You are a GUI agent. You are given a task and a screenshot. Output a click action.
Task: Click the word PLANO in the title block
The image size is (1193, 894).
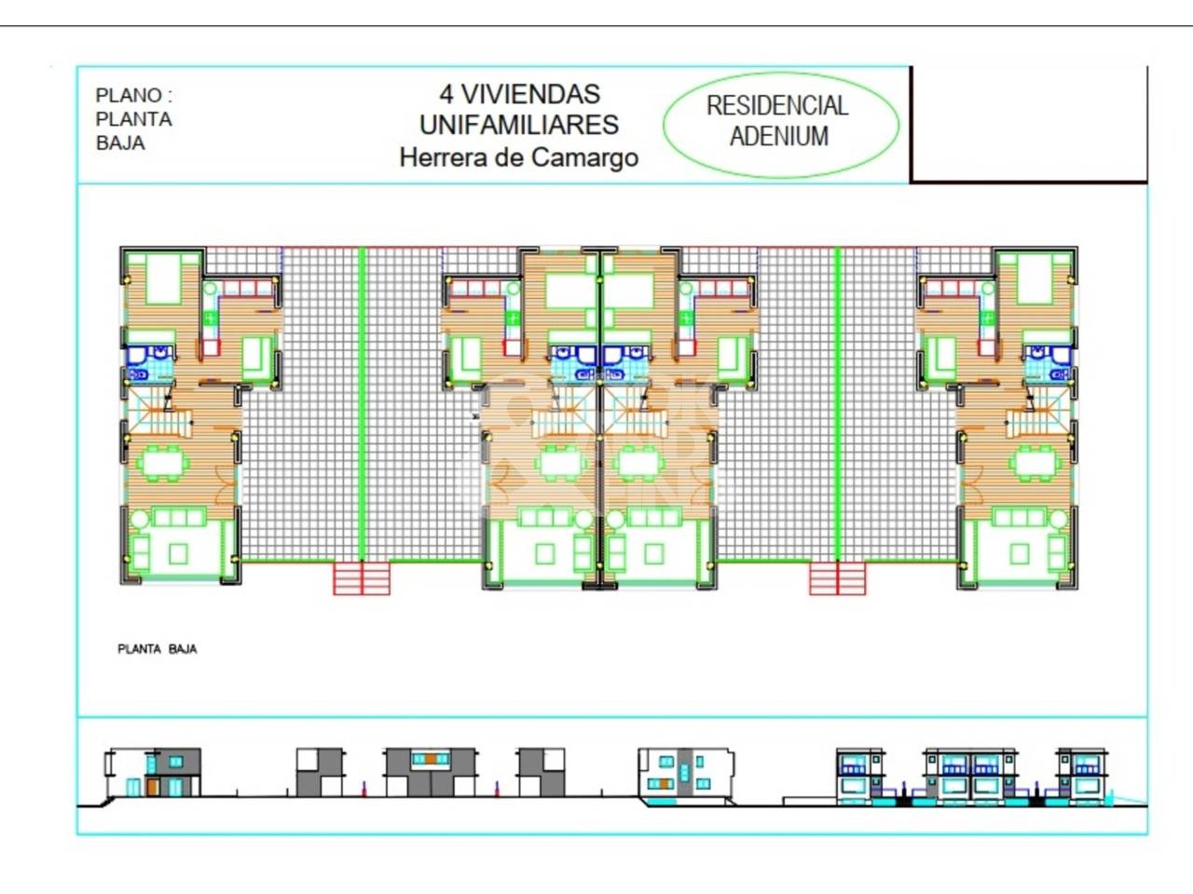click(x=128, y=96)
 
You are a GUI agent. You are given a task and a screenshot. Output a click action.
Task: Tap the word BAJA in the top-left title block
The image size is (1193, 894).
click(x=120, y=143)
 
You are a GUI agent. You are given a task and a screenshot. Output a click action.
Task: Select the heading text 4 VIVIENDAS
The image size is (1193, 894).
click(x=519, y=94)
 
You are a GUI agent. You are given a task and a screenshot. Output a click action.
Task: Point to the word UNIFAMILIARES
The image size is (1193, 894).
click(x=519, y=126)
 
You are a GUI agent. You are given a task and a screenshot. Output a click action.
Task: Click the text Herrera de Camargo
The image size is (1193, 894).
click(x=519, y=158)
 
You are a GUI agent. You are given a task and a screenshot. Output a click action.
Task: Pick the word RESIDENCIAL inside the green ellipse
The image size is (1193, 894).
click(x=777, y=106)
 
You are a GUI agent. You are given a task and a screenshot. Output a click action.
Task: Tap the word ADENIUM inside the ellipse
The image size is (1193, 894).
click(x=779, y=136)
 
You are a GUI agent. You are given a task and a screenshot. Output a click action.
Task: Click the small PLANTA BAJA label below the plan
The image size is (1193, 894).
click(x=158, y=649)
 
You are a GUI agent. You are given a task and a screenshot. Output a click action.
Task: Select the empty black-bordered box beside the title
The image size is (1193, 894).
click(x=1029, y=124)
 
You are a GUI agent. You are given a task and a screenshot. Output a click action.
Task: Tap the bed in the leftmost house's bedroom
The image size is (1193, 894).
click(x=164, y=280)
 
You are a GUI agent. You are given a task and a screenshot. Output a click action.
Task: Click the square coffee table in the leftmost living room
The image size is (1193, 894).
click(x=178, y=554)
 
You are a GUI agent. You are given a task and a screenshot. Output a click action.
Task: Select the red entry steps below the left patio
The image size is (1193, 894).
click(x=362, y=578)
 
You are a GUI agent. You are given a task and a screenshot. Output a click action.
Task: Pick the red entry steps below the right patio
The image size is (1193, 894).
click(x=838, y=578)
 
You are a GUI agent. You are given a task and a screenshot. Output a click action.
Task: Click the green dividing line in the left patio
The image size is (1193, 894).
click(x=362, y=405)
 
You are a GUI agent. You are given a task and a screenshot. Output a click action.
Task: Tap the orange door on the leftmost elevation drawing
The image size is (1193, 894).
click(x=153, y=787)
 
